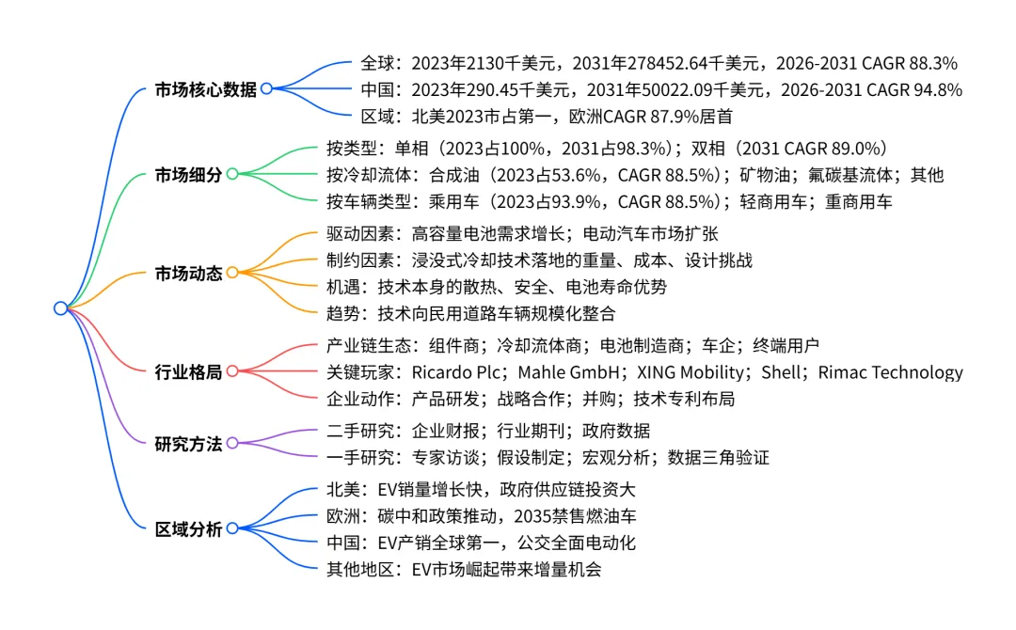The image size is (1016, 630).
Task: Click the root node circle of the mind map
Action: coord(61,308)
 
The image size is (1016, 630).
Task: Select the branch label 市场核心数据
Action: coord(206,89)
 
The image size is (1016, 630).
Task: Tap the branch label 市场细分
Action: coord(189,174)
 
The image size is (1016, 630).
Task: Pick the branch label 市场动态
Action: coord(189,273)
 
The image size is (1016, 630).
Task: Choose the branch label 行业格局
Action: coord(189,371)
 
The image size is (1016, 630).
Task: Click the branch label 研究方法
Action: coord(189,443)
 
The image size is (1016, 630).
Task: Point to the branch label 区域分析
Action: coord(189,528)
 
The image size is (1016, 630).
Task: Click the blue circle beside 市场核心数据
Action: coord(266,89)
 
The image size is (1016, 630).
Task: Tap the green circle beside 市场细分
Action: coord(232,174)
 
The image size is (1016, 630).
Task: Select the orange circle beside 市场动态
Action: coord(232,273)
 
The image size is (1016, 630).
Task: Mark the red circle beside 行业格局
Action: coord(232,371)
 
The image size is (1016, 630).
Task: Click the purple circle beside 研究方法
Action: coord(232,443)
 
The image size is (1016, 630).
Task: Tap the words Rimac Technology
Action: coord(891,372)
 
